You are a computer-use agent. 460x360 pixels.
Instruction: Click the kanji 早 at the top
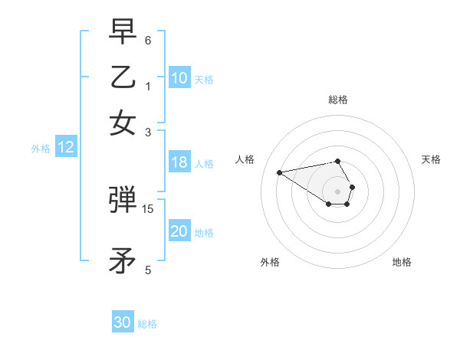tap(123, 32)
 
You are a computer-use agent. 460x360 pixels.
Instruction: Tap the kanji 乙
tap(123, 77)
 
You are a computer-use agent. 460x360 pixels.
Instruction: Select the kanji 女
tap(123, 122)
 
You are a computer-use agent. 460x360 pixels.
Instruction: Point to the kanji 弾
tap(123, 201)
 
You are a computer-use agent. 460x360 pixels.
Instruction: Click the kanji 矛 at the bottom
tap(123, 261)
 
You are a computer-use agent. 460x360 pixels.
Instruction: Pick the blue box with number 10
tap(179, 78)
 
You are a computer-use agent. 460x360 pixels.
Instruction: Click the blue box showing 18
tap(179, 162)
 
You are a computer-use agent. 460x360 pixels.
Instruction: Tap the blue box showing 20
tap(179, 232)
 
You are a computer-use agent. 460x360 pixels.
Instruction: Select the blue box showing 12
tap(66, 148)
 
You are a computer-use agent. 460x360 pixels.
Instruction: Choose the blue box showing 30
tap(123, 322)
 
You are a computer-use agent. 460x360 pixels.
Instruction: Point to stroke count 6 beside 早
tap(148, 40)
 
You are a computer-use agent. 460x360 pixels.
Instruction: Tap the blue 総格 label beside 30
tap(148, 324)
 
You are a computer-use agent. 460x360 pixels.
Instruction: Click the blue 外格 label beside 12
tap(40, 149)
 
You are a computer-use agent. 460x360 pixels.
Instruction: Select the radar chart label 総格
tap(337, 100)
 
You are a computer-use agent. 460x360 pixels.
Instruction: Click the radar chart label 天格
tap(432, 159)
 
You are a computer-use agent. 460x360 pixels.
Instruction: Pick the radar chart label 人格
tap(245, 159)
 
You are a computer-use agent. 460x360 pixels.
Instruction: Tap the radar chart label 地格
tap(402, 262)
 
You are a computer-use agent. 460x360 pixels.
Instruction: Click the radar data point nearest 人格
tap(279, 172)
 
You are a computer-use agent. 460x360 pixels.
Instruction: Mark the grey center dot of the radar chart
tap(337, 191)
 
